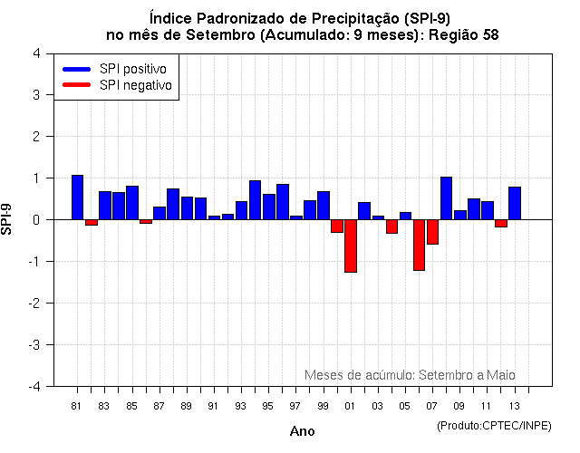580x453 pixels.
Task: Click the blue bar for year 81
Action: pyautogui.click(x=77, y=198)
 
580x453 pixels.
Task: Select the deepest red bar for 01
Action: pyautogui.click(x=350, y=246)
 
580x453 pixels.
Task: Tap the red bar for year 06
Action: pyautogui.click(x=419, y=245)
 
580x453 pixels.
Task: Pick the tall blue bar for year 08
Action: pyautogui.click(x=446, y=198)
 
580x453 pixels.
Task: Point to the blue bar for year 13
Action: pyautogui.click(x=515, y=203)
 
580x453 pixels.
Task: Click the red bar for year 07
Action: pyautogui.click(x=432, y=232)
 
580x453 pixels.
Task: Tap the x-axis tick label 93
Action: pyautogui.click(x=240, y=406)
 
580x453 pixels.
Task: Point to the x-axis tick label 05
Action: pyautogui.click(x=404, y=406)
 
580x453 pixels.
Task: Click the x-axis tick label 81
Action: pyautogui.click(x=77, y=406)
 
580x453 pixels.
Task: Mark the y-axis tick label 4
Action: pyautogui.click(x=35, y=53)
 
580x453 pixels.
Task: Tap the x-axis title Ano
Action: pyautogui.click(x=302, y=431)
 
